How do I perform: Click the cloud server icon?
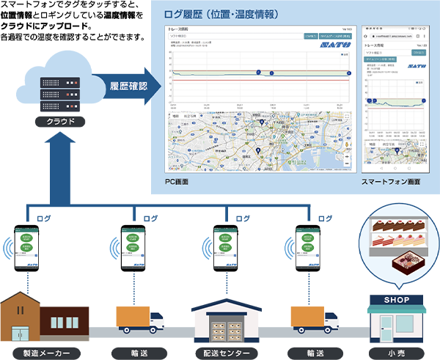[x=61, y=87]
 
